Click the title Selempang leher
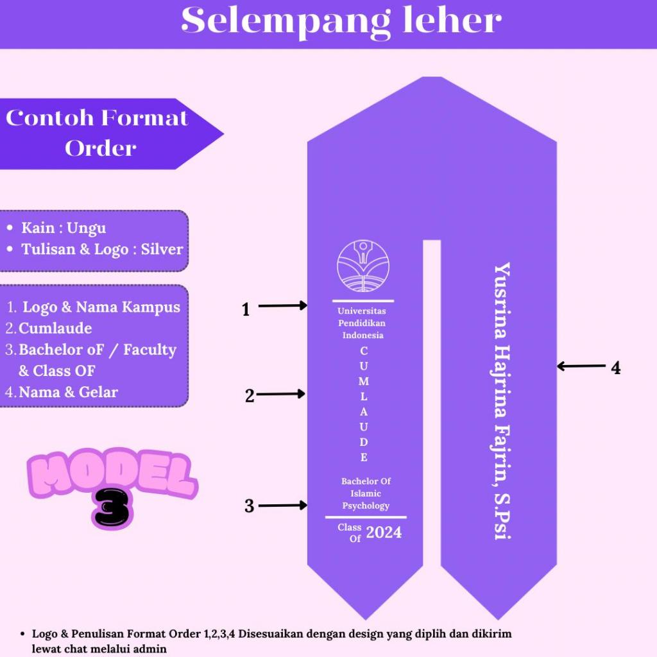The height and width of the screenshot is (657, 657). coord(341,22)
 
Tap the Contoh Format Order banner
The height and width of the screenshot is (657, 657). coord(98,133)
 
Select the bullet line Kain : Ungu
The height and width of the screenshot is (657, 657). coord(64,228)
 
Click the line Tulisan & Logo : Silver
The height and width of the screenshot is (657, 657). coord(102,250)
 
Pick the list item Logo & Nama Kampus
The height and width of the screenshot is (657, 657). coord(101,307)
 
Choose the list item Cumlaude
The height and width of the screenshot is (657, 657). coord(55,328)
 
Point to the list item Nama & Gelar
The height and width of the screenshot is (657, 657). coord(68,392)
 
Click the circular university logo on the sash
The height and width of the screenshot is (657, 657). coord(363,266)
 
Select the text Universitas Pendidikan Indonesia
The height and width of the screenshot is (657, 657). coord(363,323)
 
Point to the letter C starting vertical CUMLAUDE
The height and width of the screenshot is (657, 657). coord(364,351)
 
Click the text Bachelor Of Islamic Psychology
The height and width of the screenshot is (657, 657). coord(366,493)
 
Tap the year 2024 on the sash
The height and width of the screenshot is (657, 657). coord(384,532)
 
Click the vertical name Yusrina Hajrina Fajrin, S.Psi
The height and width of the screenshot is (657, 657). coord(502,401)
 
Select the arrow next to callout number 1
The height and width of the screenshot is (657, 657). coord(282,306)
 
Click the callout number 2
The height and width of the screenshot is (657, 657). coord(250,397)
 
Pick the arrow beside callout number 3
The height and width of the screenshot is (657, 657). coord(282,506)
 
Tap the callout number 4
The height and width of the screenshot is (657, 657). coord(615,368)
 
